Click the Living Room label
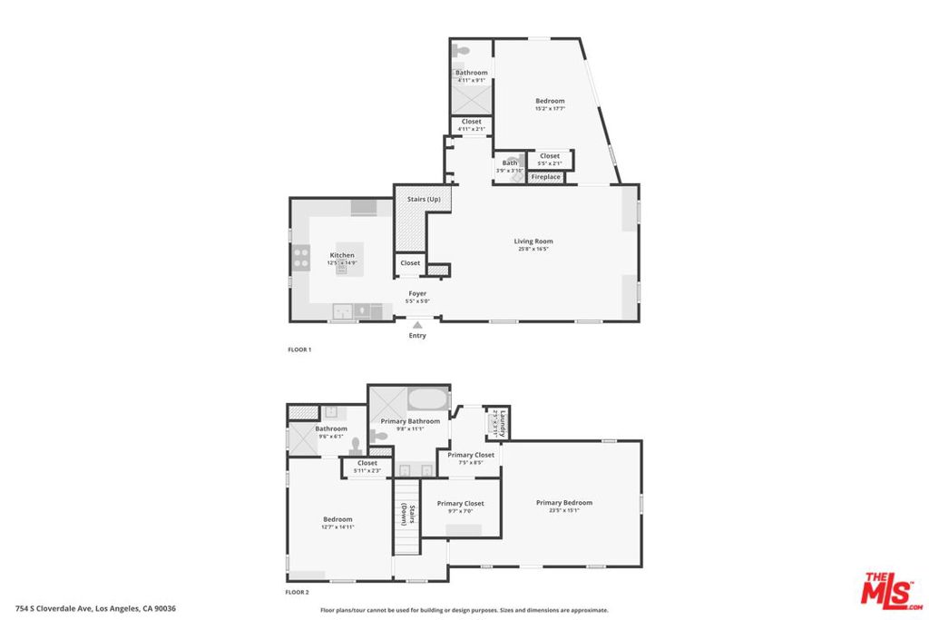534,241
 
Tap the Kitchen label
342,256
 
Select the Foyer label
417,294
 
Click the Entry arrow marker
417,325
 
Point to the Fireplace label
545,177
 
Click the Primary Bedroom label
563,503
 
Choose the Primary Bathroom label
410,421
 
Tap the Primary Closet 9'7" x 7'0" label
460,504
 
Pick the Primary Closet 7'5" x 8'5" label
471,455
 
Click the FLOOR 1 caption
298,349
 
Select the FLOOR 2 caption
298,592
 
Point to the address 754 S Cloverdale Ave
95,609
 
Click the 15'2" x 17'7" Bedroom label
550,101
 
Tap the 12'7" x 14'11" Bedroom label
337,519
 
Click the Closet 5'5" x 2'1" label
550,156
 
